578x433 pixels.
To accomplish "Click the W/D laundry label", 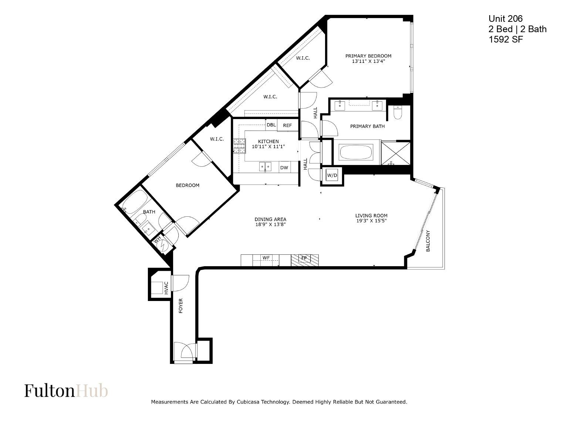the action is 332,175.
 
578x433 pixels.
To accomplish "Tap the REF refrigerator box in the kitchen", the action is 287,125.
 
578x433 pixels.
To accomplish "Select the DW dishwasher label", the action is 284,168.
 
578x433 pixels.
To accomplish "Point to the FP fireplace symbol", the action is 305,260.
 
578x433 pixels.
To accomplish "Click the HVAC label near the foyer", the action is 166,288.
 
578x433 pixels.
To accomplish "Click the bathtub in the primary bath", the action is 356,152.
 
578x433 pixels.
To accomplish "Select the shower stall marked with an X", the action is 396,153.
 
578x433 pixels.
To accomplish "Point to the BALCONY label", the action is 428,241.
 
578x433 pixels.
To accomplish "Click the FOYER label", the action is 180,305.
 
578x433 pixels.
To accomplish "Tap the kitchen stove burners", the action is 239,146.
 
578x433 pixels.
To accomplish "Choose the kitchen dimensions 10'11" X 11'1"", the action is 268,147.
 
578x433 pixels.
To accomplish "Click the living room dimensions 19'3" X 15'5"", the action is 371,221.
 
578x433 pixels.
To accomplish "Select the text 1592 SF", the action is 506,40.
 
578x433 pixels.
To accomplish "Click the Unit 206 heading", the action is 506,19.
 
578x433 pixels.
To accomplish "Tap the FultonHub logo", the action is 66,390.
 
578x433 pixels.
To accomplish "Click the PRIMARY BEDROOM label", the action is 368,56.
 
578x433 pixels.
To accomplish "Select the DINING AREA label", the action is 270,219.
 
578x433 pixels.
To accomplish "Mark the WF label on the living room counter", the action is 266,258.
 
